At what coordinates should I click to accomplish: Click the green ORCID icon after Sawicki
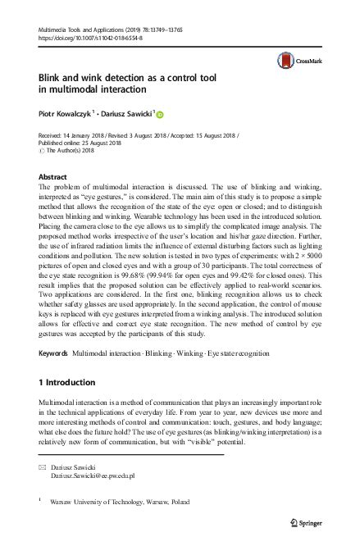[x=161, y=116]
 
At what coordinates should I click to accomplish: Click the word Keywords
[x=54, y=353]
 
